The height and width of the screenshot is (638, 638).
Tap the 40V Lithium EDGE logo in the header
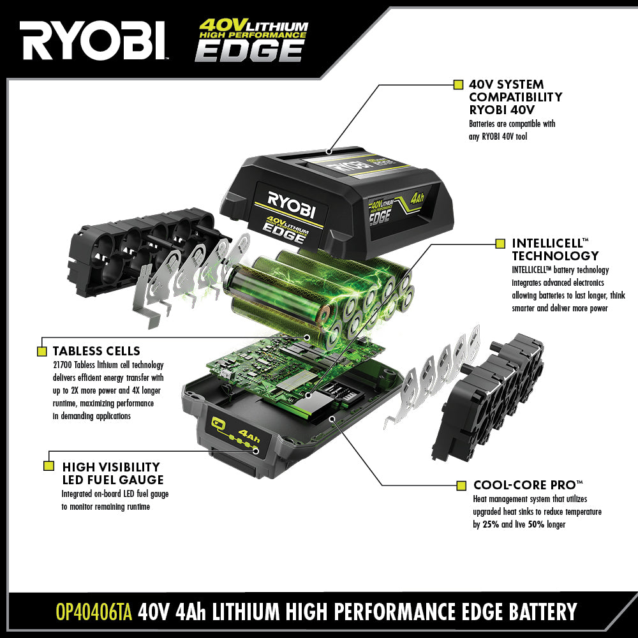click(x=252, y=40)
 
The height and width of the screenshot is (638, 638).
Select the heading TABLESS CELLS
click(x=96, y=351)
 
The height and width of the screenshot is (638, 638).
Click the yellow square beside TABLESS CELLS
click(x=42, y=351)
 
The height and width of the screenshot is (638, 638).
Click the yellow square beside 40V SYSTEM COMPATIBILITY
click(x=457, y=84)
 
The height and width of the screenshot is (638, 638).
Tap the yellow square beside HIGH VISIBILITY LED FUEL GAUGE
click(x=48, y=466)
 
